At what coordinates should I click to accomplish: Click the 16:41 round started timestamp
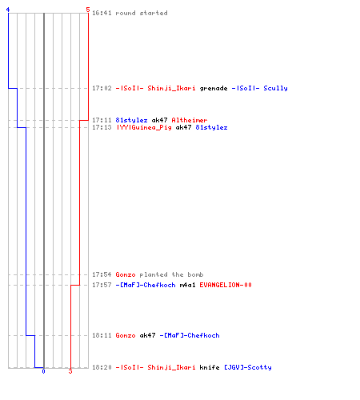[x=102, y=13]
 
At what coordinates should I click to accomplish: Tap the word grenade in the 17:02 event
[x=214, y=88]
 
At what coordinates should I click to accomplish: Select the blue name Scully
[x=275, y=88]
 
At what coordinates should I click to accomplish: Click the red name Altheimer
[x=190, y=120]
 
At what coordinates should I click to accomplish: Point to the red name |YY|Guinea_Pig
[x=144, y=127]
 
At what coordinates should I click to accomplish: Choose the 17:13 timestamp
[x=102, y=127]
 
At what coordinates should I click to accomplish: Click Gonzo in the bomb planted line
[x=126, y=274]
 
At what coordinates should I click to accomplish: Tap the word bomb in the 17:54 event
[x=195, y=274]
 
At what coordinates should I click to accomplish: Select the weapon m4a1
[x=187, y=285]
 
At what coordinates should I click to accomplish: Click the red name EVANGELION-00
[x=226, y=285]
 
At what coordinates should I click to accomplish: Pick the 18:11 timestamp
[x=102, y=335]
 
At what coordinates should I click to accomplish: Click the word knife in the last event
[x=210, y=367]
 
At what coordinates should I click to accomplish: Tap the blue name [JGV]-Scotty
[x=248, y=367]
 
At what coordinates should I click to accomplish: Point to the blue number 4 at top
[x=8, y=10]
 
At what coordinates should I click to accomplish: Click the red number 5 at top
[x=88, y=10]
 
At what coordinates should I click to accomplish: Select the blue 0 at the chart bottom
[x=43, y=371]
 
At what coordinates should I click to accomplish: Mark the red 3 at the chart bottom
[x=70, y=371]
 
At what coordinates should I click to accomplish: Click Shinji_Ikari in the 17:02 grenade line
[x=171, y=88]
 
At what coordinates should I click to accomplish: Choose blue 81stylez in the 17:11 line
[x=131, y=120]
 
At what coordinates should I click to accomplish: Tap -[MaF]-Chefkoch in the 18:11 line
[x=190, y=335]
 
